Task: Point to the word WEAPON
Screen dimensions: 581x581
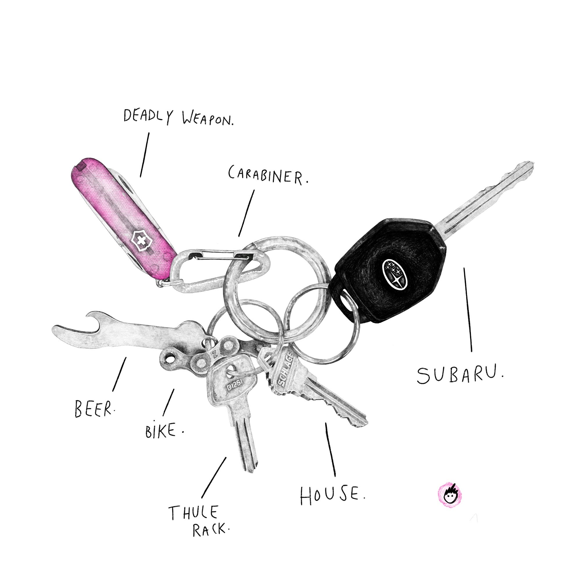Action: point(207,119)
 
